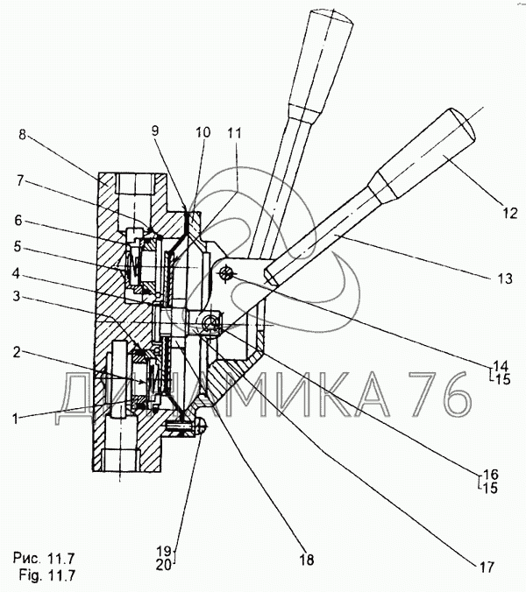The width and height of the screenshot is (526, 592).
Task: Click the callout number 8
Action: point(23,135)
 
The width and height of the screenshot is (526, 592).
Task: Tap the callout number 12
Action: point(510,214)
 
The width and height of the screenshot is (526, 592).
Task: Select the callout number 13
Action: point(505,278)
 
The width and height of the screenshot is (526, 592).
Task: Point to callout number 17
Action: point(487,567)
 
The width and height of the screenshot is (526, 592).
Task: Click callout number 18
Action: point(307,560)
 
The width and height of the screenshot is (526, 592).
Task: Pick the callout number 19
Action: point(165,550)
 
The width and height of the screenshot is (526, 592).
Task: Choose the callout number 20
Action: point(165,565)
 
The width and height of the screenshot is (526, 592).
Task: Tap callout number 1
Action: point(16,419)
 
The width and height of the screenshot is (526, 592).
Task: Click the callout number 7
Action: point(20,181)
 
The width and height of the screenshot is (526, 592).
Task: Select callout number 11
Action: point(235,133)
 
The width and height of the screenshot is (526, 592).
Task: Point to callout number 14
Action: point(501,365)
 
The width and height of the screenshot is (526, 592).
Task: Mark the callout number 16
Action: point(490,474)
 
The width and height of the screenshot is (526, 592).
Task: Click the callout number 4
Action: point(16,273)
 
